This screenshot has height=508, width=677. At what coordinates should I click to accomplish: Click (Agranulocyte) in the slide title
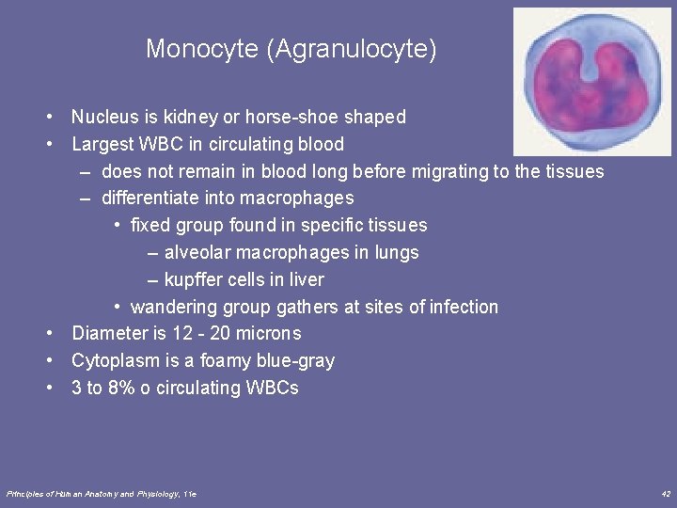point(352,49)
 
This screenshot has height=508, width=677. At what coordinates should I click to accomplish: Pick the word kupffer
point(194,280)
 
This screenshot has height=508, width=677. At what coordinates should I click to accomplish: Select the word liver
point(307,280)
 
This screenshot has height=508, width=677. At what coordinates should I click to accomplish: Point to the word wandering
point(171,308)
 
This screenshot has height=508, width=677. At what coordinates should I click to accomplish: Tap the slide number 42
point(666,494)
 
